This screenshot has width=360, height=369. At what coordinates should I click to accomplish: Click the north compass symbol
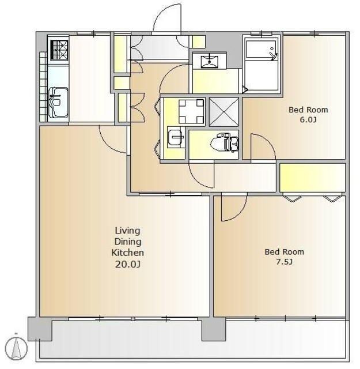coord(16,348)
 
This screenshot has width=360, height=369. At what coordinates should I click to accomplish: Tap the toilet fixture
coord(225,142)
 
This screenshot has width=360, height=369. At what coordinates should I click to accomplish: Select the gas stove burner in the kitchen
coord(59,50)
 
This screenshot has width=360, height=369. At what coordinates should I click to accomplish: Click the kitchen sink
coord(58,103)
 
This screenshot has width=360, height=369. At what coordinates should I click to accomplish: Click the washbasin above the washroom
coord(209,61)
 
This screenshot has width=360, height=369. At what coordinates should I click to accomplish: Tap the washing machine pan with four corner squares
coord(191,111)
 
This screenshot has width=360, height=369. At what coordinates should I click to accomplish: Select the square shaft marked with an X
coord(224,112)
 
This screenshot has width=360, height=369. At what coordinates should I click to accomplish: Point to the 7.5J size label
coord(284,261)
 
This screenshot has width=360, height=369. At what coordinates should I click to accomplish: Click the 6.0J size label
coord(308,119)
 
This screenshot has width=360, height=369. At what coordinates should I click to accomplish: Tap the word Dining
coord(128,242)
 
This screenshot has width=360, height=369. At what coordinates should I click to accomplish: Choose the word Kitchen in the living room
coord(127,253)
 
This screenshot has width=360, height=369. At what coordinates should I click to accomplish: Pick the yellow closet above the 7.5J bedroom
coord(313,178)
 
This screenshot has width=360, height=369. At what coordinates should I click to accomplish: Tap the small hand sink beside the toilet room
coord(176,137)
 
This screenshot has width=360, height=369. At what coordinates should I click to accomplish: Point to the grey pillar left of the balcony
coord(40,329)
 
